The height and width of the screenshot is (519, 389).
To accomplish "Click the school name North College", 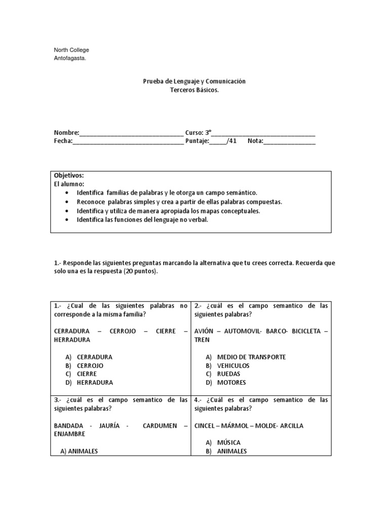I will pyautogui.click(x=71, y=50).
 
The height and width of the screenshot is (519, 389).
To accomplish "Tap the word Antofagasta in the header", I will pyautogui.click(x=70, y=58).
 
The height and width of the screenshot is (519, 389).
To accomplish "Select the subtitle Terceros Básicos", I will pyautogui.click(x=195, y=90).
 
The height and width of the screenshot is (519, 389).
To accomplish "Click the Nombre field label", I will pyautogui.click(x=66, y=133).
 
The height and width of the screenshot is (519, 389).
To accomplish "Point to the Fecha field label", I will pyautogui.click(x=63, y=141).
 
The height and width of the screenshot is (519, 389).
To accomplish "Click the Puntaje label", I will pyautogui.click(x=197, y=141).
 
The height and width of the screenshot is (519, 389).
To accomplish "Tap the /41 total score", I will pyautogui.click(x=231, y=141).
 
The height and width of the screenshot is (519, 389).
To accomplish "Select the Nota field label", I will pyautogui.click(x=255, y=141).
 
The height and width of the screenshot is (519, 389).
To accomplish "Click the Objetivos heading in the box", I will pyautogui.click(x=69, y=175).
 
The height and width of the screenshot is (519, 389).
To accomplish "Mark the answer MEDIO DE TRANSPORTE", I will pyautogui.click(x=251, y=357).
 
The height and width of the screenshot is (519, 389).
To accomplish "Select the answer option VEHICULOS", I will pyautogui.click(x=233, y=365).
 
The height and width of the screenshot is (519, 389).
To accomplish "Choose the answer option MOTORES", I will pyautogui.click(x=231, y=383).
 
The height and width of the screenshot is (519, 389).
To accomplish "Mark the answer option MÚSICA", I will pyautogui.click(x=228, y=443).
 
